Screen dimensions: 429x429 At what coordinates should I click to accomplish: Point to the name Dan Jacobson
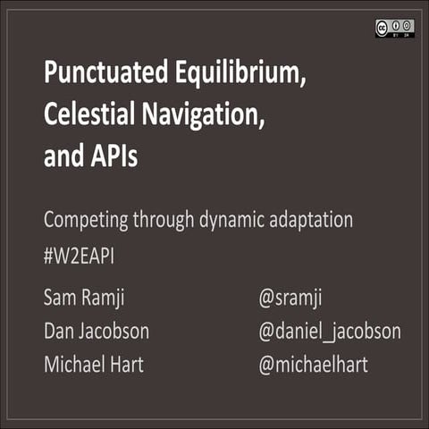click(96, 332)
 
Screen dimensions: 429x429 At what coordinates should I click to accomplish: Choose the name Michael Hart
click(94, 366)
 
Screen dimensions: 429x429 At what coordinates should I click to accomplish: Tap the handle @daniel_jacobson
click(329, 332)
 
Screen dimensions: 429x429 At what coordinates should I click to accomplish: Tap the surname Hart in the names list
click(127, 366)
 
